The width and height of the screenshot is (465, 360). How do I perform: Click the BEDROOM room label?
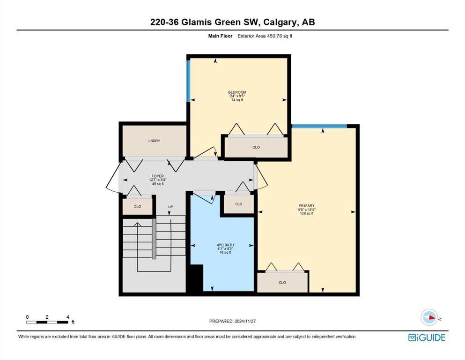pos(237,92)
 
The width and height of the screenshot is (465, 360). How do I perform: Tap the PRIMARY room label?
pos(306,206)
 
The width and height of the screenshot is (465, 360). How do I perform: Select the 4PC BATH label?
pos(225,245)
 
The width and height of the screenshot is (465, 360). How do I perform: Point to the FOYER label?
pos(157,176)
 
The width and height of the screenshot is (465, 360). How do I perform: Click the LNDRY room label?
pos(154,141)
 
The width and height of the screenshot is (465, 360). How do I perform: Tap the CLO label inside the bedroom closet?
pos(256,147)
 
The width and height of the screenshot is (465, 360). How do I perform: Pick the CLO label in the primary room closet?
pos(282,283)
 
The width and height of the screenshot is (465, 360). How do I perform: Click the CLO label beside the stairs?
pos(137,207)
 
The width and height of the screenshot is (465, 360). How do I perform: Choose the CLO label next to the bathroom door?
pos(239,204)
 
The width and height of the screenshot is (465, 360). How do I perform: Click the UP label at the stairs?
pos(170,207)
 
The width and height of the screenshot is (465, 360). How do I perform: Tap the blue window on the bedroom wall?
pos(188,81)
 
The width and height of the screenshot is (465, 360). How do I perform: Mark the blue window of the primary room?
pos(319,126)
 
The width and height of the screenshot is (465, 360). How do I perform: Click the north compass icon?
pos(429,317)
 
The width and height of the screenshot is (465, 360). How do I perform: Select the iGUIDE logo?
pos(427,337)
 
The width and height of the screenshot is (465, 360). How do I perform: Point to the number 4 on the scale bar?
pos(67,317)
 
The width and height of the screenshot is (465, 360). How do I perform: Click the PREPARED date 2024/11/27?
pos(245,321)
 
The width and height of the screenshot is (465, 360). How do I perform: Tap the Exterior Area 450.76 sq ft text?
pos(265,36)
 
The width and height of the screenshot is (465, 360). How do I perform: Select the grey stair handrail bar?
pos(154,239)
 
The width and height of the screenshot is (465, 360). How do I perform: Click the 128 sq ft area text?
pos(307,213)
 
